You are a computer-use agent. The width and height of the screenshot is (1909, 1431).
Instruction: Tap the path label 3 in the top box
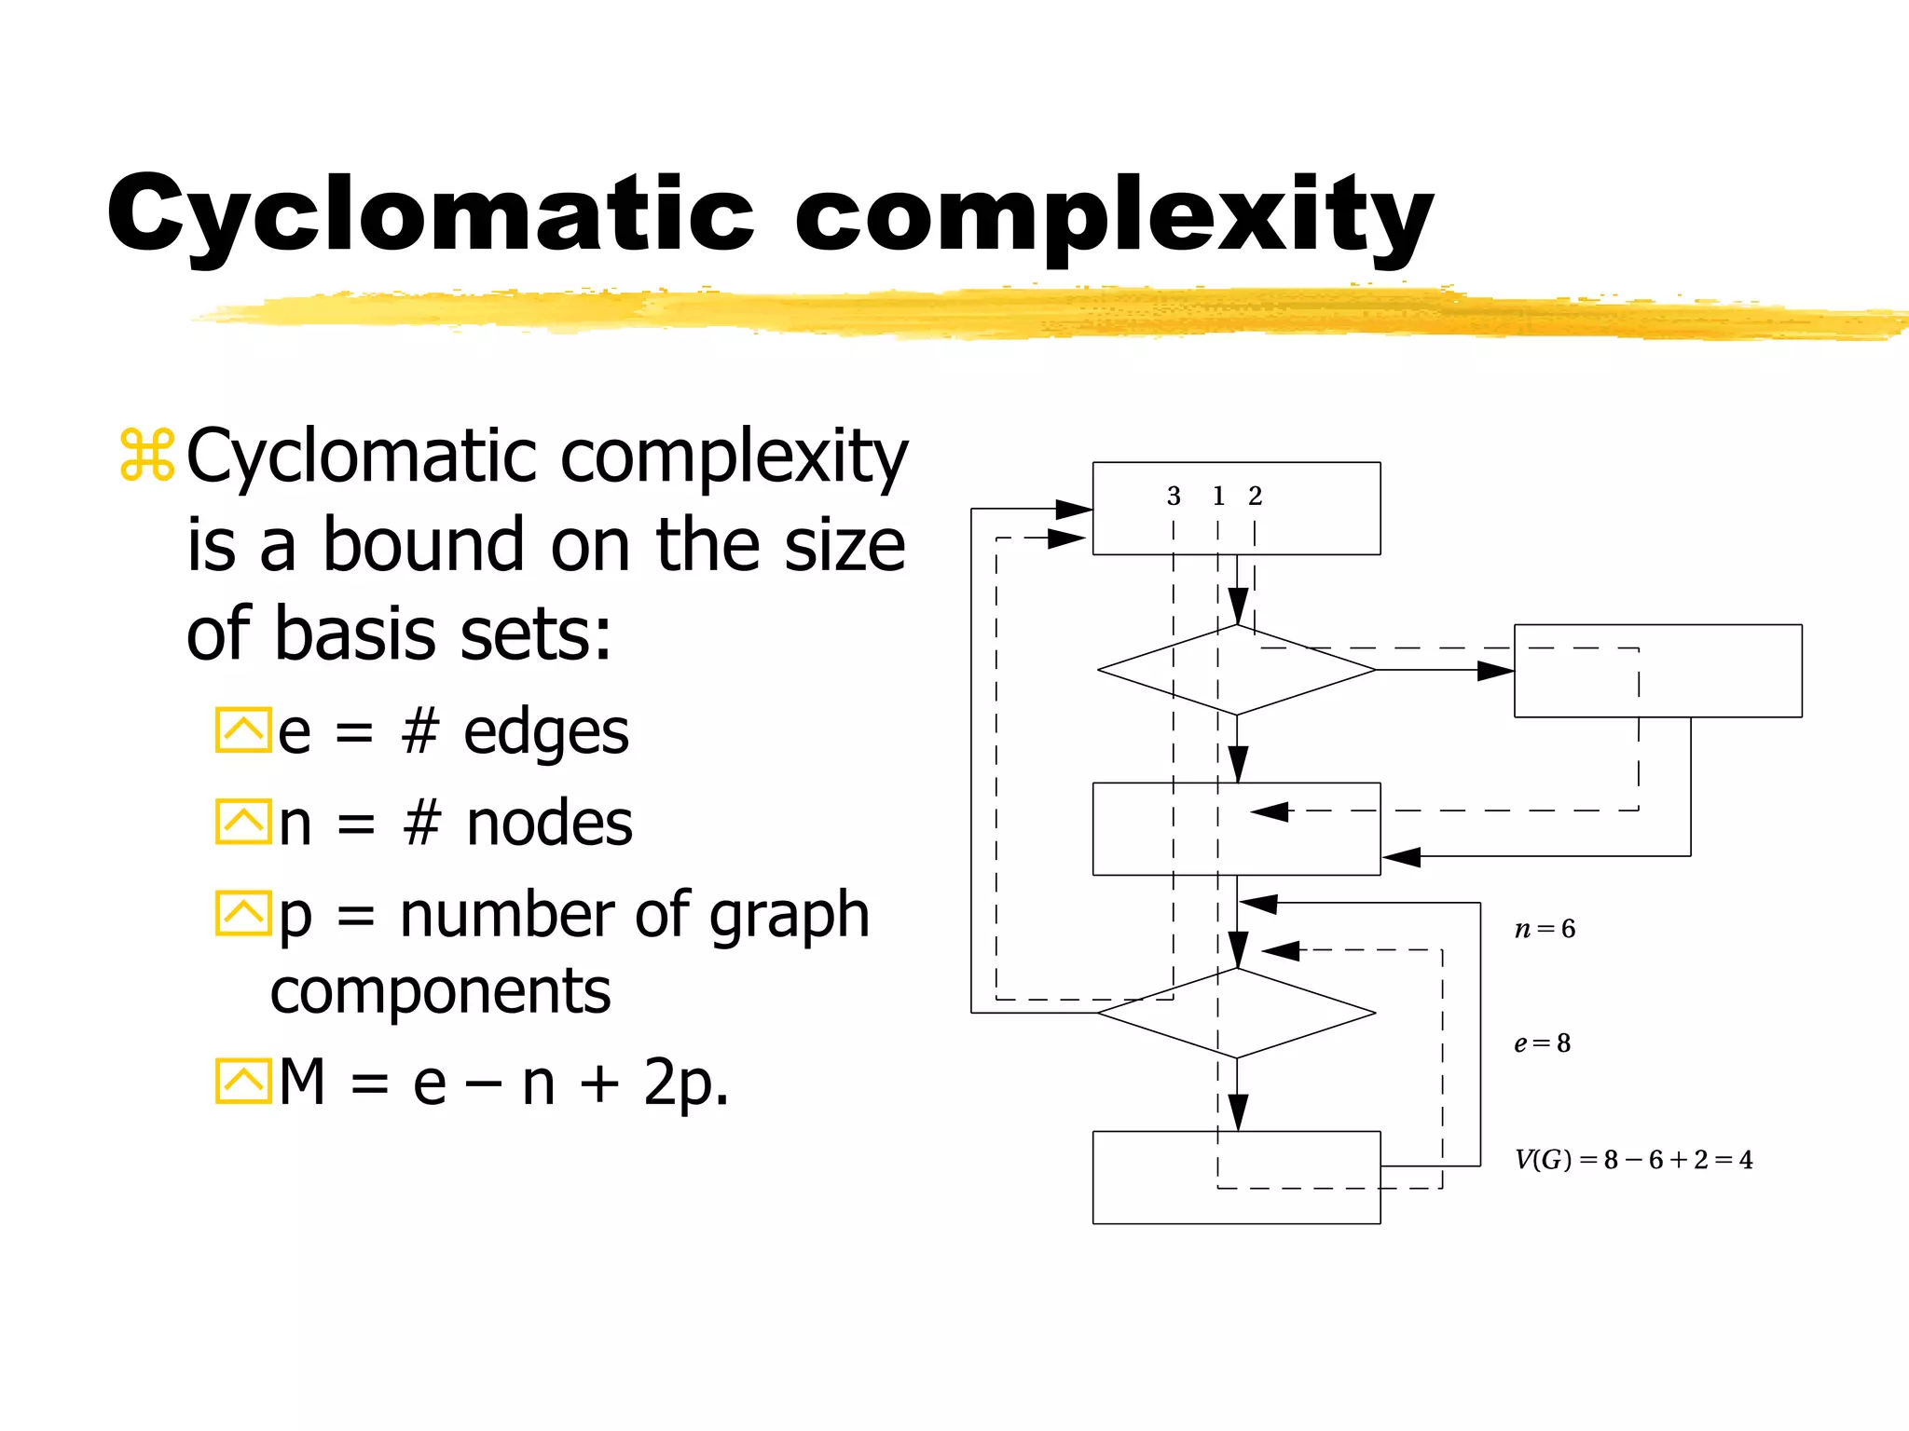tap(1174, 497)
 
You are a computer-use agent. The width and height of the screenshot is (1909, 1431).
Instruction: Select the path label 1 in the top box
tap(1218, 497)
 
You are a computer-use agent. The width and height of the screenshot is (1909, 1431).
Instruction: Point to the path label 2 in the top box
tap(1256, 497)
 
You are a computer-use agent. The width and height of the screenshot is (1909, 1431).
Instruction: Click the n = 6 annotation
tap(1545, 929)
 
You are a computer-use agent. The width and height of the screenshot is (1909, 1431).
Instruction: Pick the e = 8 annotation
tap(1543, 1043)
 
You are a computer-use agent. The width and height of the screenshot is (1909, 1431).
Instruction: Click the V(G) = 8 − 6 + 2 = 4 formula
tap(1633, 1160)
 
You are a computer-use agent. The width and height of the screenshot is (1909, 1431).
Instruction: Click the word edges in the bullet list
tap(546, 733)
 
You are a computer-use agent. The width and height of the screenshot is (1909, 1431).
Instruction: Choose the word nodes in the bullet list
tap(549, 824)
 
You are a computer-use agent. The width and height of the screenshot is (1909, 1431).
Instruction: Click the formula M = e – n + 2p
tap(503, 1083)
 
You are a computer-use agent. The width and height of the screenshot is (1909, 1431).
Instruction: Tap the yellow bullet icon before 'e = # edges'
tap(242, 730)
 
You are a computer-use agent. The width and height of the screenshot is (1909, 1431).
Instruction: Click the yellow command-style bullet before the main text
tap(147, 456)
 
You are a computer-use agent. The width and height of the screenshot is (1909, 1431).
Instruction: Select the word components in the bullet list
tap(440, 991)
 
